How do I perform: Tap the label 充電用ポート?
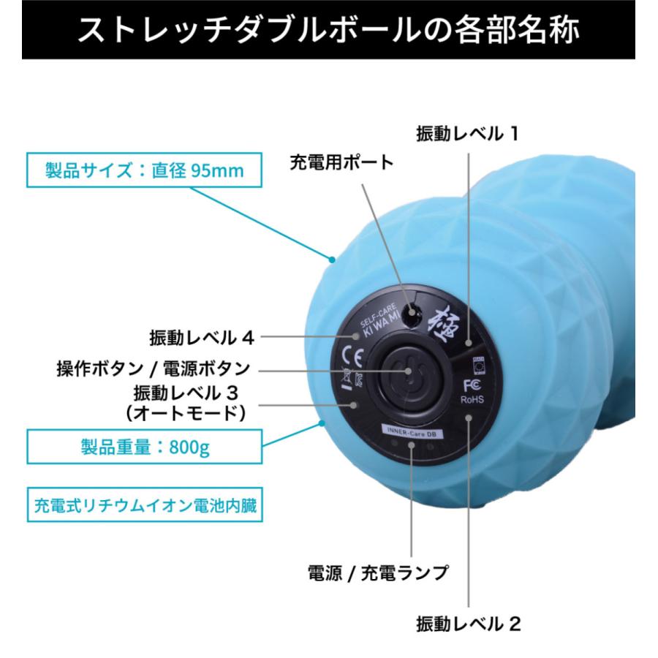click(341, 162)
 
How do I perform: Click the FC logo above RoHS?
click(470, 385)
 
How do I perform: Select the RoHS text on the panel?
click(471, 400)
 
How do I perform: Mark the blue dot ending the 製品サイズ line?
click(331, 259)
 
